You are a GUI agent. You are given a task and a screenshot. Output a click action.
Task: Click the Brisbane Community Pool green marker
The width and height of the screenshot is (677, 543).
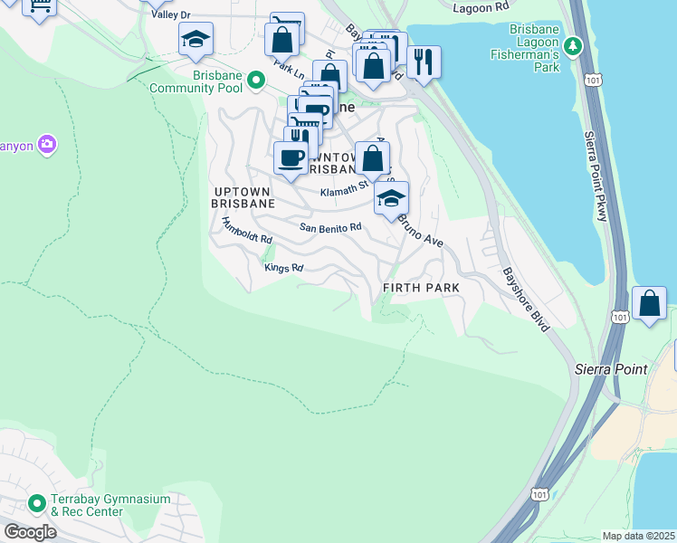click(256, 81)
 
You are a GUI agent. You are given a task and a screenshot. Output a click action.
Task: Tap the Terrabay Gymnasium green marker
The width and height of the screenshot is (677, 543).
click(37, 503)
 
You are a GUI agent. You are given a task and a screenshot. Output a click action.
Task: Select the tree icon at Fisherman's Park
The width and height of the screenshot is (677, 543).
click(572, 45)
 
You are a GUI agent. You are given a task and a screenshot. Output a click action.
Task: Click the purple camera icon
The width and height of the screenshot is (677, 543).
click(47, 144)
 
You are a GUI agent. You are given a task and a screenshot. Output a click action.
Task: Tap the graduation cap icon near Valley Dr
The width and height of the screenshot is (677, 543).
click(195, 40)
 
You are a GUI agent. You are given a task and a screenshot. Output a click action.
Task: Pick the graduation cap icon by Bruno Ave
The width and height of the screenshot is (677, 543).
click(391, 199)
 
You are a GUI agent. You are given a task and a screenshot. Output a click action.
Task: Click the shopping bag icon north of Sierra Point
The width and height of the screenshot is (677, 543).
click(649, 304)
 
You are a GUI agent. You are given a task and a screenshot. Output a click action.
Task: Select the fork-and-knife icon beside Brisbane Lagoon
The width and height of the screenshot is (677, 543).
click(423, 62)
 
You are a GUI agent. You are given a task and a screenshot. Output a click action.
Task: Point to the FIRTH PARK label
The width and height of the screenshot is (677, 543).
click(421, 287)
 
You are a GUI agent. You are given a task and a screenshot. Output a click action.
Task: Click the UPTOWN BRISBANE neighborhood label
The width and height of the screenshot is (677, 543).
click(243, 197)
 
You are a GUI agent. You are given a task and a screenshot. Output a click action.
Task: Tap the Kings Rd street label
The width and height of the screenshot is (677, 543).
click(283, 268)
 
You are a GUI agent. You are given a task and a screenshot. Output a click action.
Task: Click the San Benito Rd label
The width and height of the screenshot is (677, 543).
click(330, 228)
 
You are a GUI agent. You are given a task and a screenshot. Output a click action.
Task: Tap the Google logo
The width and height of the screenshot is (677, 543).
click(30, 532)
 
